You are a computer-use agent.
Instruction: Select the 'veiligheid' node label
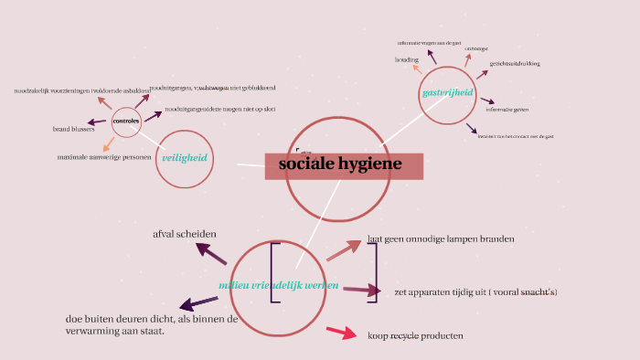pos(185,158)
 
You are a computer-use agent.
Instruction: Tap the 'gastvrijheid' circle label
pos(447,93)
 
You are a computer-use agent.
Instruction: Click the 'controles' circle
pos(125,121)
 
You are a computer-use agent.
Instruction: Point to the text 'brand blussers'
pos(74,129)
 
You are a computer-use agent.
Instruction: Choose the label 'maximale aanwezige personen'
pos(103,157)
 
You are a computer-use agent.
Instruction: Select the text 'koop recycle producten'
pos(415,335)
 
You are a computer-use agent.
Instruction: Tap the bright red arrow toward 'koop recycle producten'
pos(340,333)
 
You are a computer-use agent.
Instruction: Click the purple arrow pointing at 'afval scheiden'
pos(211,253)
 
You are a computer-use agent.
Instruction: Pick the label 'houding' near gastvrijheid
pos(407,59)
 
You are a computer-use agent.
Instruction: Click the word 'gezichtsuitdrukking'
pos(515,64)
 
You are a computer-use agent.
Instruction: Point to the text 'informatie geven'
pos(507,110)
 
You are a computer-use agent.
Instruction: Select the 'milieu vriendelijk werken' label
pos(279,285)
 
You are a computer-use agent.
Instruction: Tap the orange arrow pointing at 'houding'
pos(418,69)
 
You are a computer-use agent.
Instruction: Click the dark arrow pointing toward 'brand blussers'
pos(96,122)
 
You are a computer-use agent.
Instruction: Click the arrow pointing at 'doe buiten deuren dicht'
pos(197,303)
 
